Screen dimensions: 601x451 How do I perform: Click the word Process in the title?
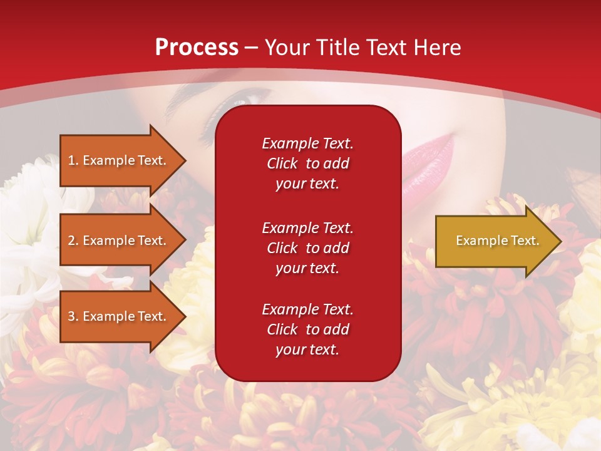click(x=197, y=48)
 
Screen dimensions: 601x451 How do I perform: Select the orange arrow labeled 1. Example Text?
click(x=123, y=160)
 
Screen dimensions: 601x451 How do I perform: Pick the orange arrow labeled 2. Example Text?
click(x=123, y=240)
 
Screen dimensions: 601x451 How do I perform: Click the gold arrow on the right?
click(x=498, y=241)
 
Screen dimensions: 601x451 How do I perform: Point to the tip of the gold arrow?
click(x=562, y=241)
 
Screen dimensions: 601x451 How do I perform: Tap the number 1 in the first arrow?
click(x=71, y=160)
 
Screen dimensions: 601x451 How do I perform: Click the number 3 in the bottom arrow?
click(x=71, y=316)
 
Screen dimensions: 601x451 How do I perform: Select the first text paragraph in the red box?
click(x=307, y=163)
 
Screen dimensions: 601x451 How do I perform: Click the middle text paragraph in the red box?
click(x=307, y=248)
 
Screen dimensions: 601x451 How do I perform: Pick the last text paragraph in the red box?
click(x=307, y=329)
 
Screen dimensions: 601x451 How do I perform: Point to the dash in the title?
click(x=251, y=49)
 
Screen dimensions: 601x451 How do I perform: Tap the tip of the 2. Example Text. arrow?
click(x=186, y=240)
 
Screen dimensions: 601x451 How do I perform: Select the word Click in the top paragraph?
click(x=282, y=163)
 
